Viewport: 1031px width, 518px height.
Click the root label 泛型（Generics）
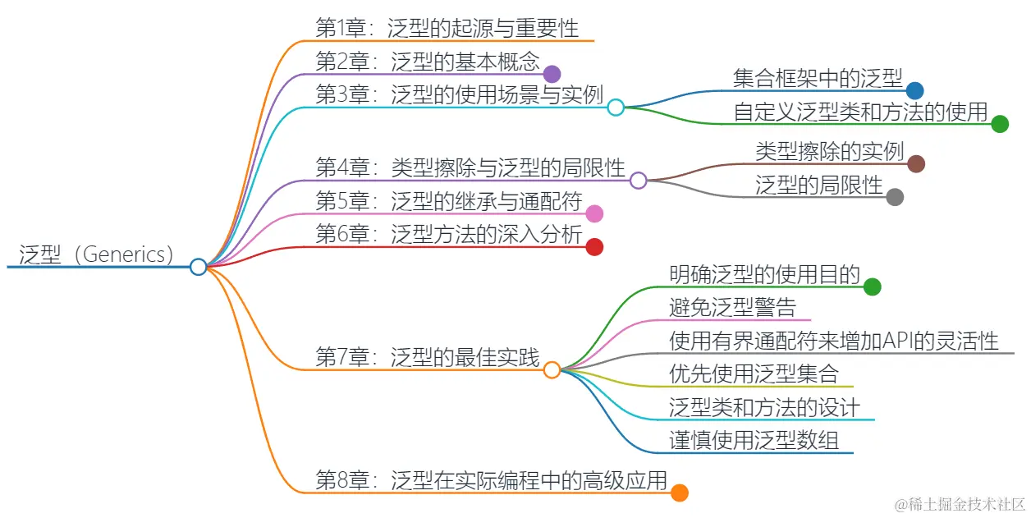click(96, 254)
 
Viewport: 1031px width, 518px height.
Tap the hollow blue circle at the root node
click(198, 267)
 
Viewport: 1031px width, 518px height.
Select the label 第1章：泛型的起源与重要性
click(447, 28)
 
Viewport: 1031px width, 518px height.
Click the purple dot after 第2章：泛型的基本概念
click(552, 74)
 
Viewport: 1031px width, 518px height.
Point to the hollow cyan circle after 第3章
click(616, 107)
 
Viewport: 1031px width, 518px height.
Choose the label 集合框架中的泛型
click(818, 78)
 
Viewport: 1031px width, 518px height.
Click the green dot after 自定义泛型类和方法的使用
click(1000, 124)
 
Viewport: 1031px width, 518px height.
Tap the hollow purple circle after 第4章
click(639, 181)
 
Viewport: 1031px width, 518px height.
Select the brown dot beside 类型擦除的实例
click(917, 164)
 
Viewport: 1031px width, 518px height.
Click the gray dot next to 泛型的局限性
click(896, 197)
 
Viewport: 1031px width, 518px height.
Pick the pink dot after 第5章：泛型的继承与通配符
click(595, 214)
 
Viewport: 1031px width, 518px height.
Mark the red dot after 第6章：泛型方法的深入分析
click(595, 247)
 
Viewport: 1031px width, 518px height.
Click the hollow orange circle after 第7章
click(552, 370)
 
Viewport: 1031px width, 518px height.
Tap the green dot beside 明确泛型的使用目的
click(873, 287)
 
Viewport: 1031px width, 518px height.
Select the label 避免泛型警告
click(733, 308)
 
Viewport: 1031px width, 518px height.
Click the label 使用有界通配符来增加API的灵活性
click(834, 341)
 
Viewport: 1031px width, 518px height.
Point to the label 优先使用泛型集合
click(754, 374)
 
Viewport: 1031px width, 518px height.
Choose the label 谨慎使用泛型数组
click(754, 441)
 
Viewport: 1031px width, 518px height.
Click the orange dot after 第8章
click(679, 493)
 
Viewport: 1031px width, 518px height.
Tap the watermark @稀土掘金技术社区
click(960, 502)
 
